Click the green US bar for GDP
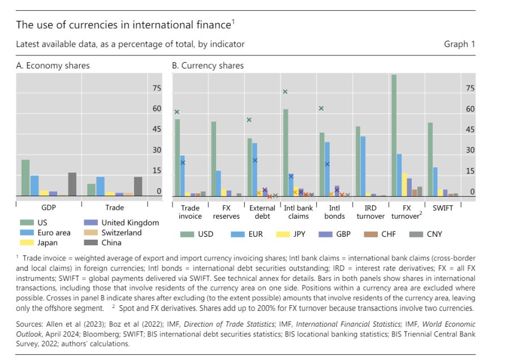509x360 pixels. coord(25,177)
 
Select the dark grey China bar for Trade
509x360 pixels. coord(138,186)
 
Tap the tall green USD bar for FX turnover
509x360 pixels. coord(394,136)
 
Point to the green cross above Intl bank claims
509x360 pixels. coord(285,92)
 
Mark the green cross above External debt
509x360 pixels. coord(249,120)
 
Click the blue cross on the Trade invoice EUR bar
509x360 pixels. coord(183,163)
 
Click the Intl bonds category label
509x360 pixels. coord(334,212)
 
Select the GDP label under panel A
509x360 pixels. coord(49,207)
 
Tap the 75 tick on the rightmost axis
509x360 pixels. coord(471,88)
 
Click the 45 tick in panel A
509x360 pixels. coord(157,129)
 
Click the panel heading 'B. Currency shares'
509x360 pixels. coord(208,66)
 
